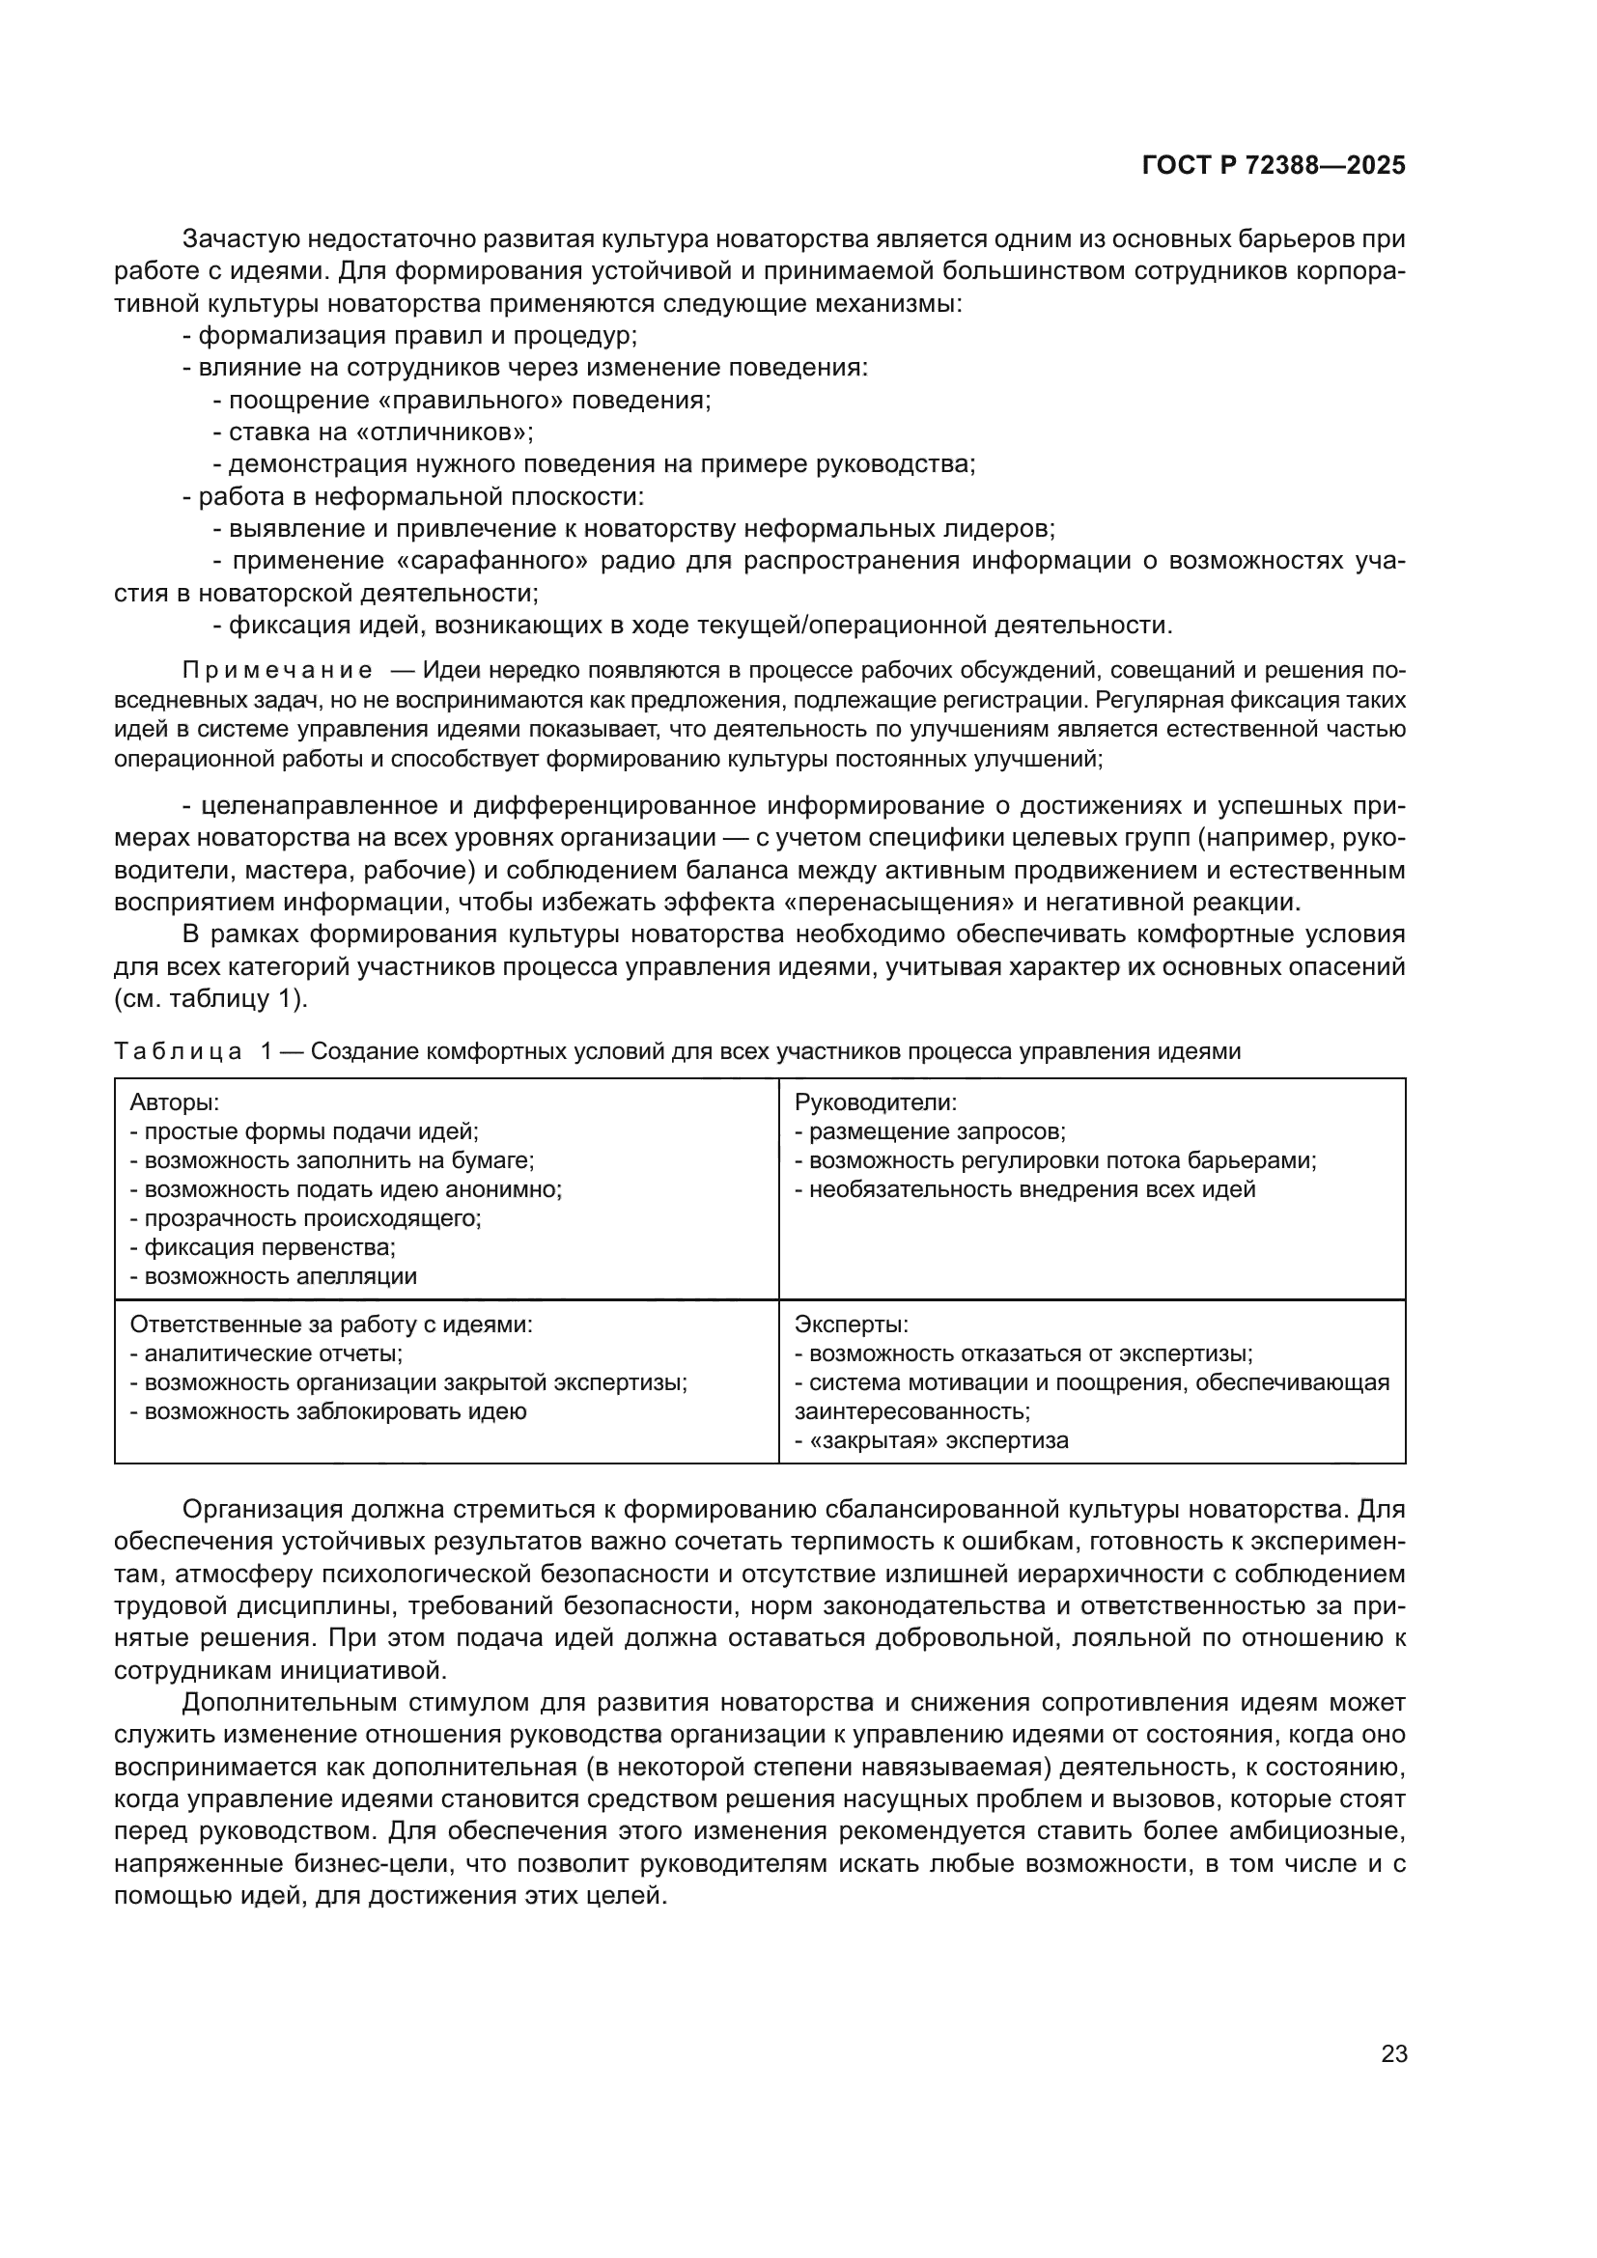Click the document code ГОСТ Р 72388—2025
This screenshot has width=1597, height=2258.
coord(1274,166)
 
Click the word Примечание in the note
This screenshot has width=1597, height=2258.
coord(277,671)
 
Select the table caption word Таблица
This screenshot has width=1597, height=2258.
coord(178,1051)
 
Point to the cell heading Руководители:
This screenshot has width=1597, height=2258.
coord(875,1102)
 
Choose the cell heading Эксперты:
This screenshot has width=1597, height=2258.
coord(852,1324)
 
